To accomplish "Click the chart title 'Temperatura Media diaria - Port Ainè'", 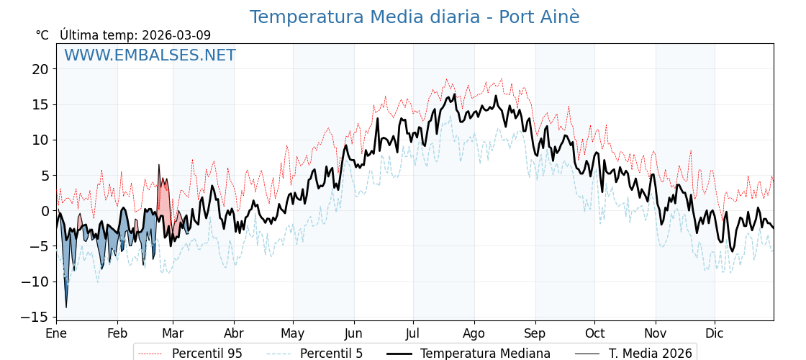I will point(414,17).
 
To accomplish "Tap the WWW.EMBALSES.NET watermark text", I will point(150,55).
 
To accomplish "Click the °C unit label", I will point(42,35).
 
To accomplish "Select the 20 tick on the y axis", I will point(40,69).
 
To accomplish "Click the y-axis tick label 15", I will point(40,104).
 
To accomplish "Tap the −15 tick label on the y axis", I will point(34,317).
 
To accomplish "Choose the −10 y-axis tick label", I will point(34,282).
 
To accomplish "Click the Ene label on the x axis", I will point(56,333).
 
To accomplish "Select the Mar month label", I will point(173,333).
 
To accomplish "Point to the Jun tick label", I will point(353,333).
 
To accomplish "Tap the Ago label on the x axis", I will point(474,333).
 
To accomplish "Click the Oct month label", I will point(594,333).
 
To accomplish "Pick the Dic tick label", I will point(715,333).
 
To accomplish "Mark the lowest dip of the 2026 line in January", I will point(66,307).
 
